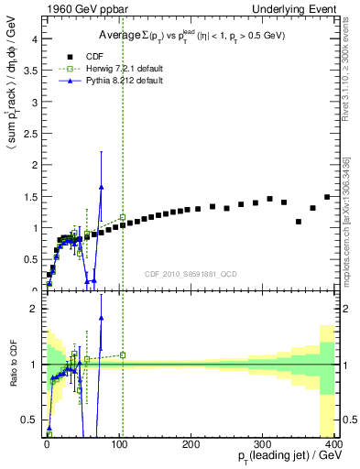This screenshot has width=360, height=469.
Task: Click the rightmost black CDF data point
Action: pyautogui.click(x=327, y=197)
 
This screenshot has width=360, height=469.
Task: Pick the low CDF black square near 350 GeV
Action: pyautogui.click(x=299, y=222)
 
